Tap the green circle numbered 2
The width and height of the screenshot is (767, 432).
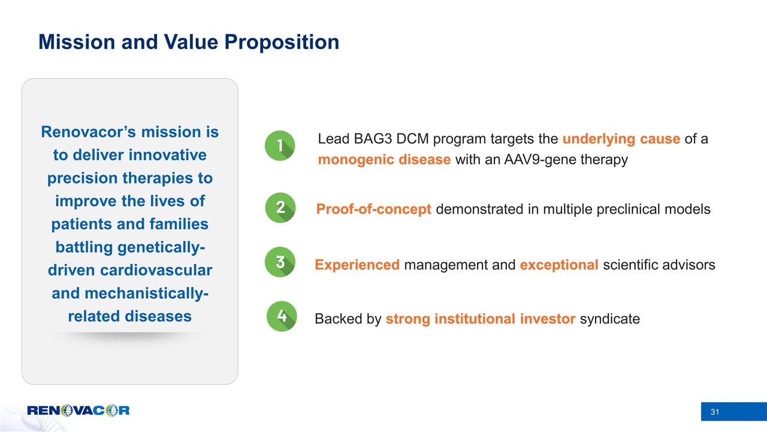pos(280,208)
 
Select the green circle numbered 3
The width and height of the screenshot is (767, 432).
pos(280,262)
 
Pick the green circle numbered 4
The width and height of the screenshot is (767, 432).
pos(282,316)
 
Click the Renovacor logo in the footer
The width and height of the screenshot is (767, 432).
pos(78,410)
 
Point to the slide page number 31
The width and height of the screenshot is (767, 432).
pos(714,412)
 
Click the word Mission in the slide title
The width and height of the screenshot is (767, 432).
pos(76,41)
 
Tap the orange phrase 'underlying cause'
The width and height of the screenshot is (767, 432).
pos(621,139)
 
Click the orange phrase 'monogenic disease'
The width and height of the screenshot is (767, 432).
pos(384,160)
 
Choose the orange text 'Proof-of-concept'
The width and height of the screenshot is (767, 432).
pos(374,209)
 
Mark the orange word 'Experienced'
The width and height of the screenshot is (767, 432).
pos(357,265)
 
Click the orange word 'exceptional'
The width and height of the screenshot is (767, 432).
pos(560,265)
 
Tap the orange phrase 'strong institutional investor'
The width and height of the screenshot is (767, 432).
pos(481,319)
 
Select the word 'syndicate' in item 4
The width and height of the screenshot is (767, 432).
pos(610,319)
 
